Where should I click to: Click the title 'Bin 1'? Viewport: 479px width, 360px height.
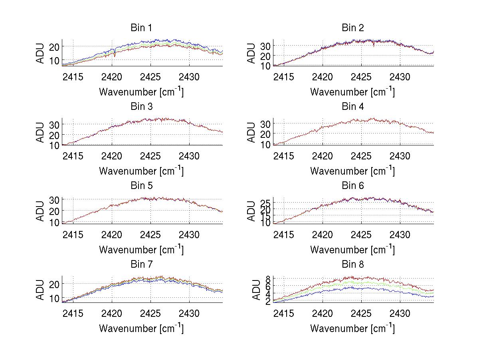coord(141,28)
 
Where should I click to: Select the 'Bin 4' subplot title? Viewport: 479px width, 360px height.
coord(353,107)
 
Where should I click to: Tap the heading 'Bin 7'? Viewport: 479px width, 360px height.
coord(141,265)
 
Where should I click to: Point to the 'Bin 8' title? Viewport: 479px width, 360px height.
coord(353,265)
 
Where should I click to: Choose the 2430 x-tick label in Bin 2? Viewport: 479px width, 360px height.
coord(400,76)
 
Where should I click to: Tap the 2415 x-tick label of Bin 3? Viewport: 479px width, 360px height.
coord(73,155)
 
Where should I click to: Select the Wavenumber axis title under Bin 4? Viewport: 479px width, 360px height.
coord(352,171)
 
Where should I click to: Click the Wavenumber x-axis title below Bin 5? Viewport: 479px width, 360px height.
coord(141,249)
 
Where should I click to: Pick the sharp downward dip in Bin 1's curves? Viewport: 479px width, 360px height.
coord(115,55)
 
